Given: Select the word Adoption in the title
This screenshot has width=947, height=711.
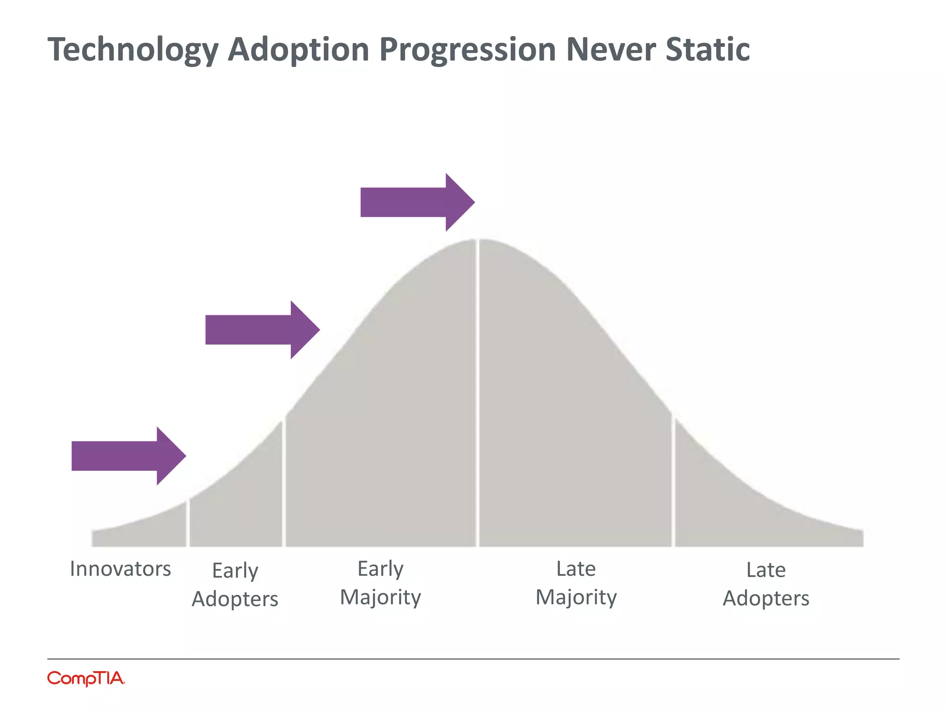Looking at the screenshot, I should pos(299,50).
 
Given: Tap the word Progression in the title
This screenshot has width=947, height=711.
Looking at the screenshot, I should pos(467,50).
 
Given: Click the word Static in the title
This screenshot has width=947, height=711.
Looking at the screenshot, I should pos(707,49).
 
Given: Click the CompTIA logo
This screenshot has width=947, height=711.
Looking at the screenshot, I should pos(86,679).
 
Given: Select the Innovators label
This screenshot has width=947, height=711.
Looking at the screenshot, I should pos(120,569).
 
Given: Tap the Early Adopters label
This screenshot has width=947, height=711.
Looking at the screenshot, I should pos(235,585).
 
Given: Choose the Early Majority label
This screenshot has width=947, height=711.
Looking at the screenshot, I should pos(381,583).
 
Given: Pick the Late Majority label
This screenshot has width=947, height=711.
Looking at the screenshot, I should pos(576,583).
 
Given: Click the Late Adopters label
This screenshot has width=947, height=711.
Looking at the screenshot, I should pos(766,584).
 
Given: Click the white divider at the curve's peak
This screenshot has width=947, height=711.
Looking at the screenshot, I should pos(478,393).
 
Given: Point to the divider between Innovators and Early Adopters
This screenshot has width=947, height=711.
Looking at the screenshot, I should pos(188,523).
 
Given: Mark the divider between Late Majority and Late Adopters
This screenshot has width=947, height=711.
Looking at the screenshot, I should pos(673,481).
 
